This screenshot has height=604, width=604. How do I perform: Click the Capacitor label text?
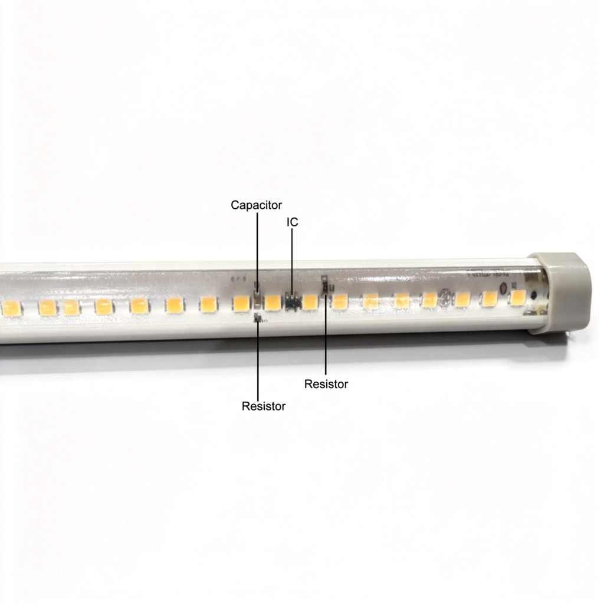[x=256, y=205]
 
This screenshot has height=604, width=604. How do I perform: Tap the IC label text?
[x=292, y=222]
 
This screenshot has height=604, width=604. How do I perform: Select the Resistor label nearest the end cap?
[x=326, y=384]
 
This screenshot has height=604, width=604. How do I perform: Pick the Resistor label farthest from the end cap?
[x=264, y=406]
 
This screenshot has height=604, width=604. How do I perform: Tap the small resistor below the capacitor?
[x=257, y=319]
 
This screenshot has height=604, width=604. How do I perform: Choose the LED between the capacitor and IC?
[x=273, y=303]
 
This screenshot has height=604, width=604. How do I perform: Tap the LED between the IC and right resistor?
[x=310, y=303]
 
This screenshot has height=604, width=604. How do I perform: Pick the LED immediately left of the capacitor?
[x=241, y=304]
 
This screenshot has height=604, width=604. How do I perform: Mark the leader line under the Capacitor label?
[x=257, y=248]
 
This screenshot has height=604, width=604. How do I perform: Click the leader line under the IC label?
[x=292, y=260]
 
